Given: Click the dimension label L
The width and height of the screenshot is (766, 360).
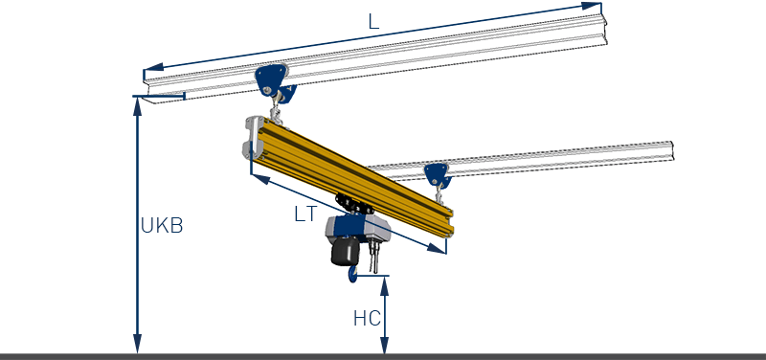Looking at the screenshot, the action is coord(373,21).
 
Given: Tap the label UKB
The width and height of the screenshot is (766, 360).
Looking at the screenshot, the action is coord(162,226).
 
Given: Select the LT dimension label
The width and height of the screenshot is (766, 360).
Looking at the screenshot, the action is coord(305,214).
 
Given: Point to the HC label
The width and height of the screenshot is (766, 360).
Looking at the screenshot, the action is coord(367,319).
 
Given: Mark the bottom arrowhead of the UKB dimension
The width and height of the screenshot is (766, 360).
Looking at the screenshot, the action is coord(138,344).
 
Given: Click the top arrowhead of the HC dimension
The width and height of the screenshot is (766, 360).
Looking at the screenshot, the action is coord(385,285).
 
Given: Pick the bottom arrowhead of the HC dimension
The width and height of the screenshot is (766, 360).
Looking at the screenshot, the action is coord(385,345).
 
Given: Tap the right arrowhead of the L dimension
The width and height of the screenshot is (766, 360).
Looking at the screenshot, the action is coord(592,6).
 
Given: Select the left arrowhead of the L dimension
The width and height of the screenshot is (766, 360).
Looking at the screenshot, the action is coord(154,67).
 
